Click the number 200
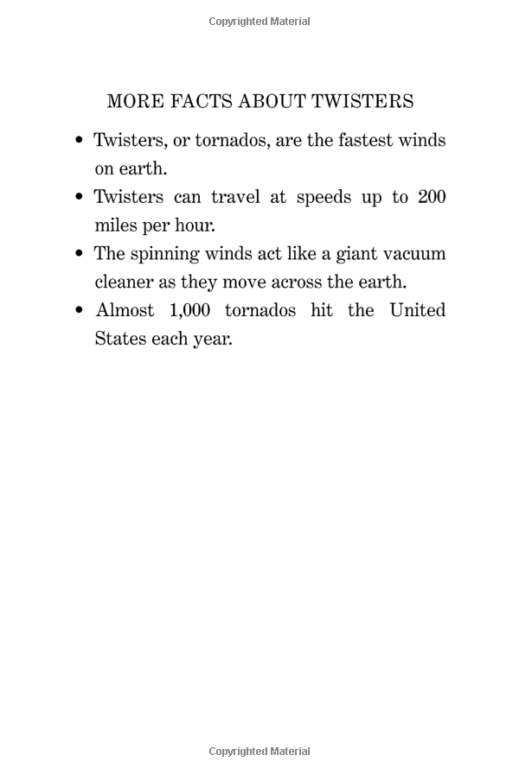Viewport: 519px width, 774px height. [432, 197]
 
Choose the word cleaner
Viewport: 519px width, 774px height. [124, 282]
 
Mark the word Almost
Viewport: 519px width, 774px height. [125, 310]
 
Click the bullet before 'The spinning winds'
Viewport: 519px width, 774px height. [80, 254]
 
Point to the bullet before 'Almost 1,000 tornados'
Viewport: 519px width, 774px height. [80, 310]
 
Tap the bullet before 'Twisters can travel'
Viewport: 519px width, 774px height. [80, 197]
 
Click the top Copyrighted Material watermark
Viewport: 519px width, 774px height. [259, 22]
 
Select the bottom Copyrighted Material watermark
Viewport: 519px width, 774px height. [259, 751]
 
